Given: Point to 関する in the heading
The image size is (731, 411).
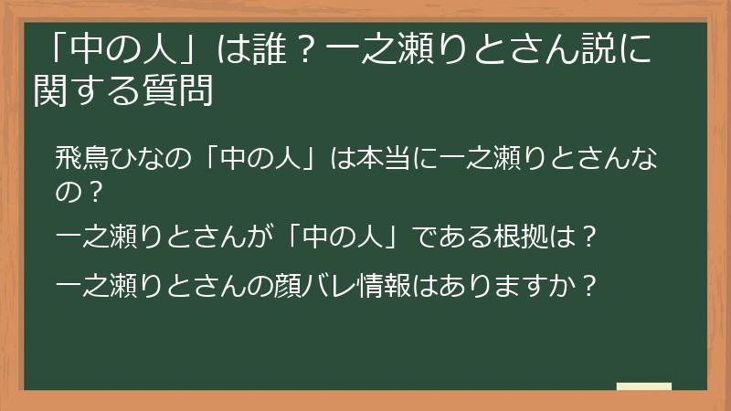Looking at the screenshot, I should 87,90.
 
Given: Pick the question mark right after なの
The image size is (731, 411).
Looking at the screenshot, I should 90,194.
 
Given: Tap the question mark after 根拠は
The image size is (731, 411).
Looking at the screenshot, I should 589,240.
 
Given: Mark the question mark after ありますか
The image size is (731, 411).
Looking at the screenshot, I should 589,287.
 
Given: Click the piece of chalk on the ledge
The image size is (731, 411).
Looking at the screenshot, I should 643,386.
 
